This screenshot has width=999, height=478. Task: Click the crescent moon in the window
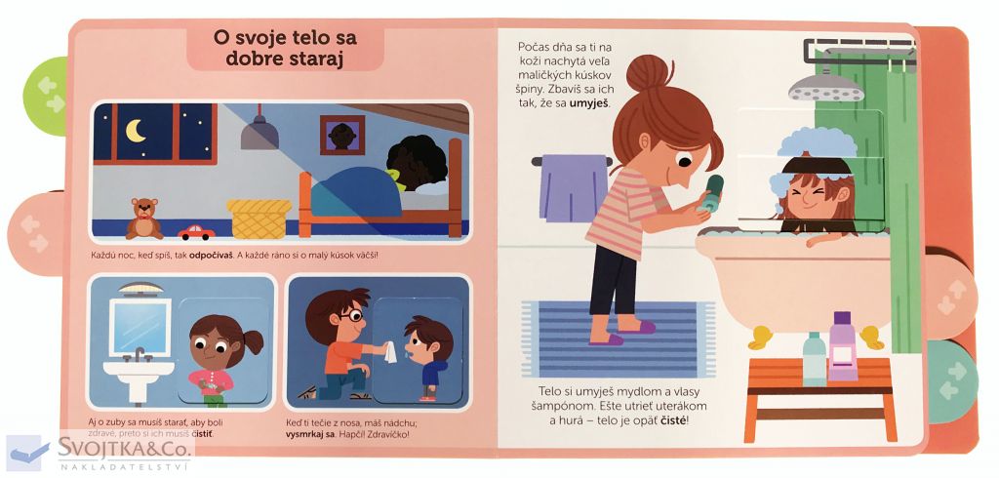pos(135,131)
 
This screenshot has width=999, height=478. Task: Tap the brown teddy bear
pos(144,218)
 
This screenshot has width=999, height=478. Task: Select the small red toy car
pos(196,232)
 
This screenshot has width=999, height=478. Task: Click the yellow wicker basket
pos(260,219)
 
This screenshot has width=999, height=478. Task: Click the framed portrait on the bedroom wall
pos(342,136)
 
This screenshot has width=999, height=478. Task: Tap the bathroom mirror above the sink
pos(140,328)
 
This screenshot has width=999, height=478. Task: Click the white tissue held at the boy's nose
pos(390,352)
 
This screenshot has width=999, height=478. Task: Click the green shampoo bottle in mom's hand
pos(711,193)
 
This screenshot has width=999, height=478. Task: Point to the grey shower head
pos(825,87)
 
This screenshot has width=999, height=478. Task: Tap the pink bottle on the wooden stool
pos(843,346)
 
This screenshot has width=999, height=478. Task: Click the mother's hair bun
pos(648,72)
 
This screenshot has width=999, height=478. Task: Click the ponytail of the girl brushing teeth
pos(253,342)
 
